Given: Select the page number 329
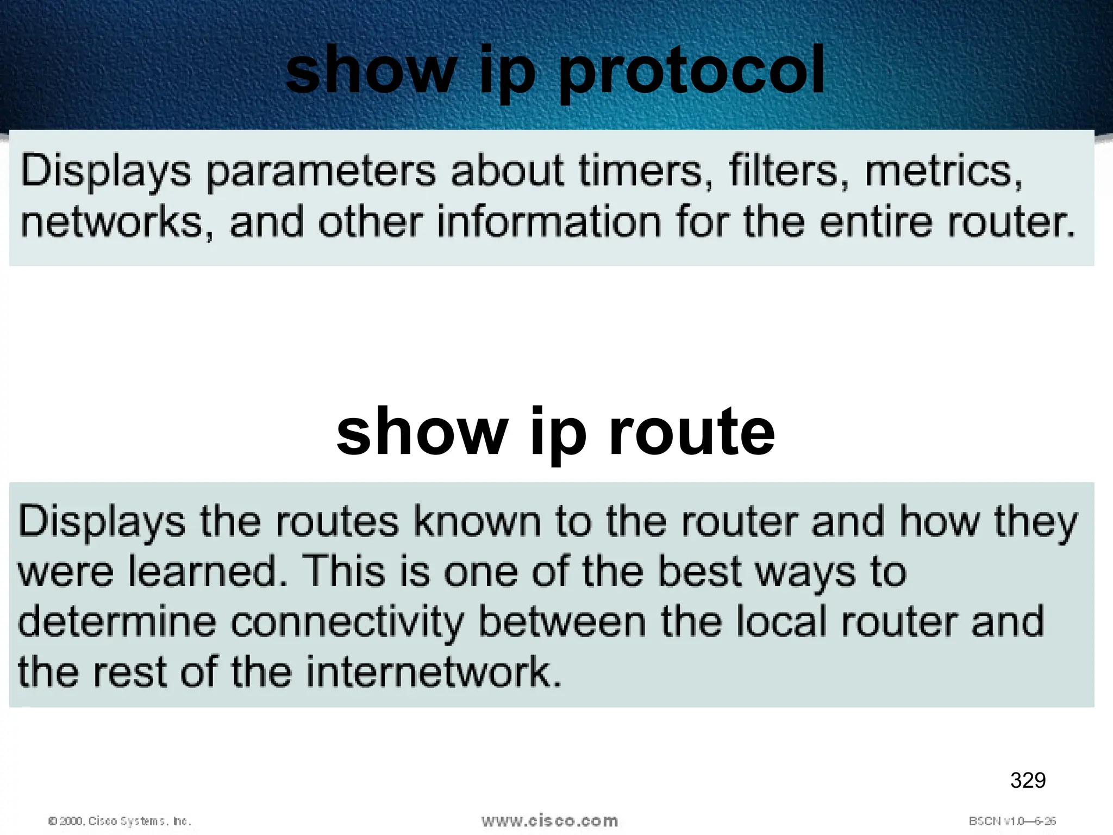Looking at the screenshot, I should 1028,780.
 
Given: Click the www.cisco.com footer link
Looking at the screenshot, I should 549,821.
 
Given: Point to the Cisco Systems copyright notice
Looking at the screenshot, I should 120,821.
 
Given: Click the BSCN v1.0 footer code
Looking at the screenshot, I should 1012,821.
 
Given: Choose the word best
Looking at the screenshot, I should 699,572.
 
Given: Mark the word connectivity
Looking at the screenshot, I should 347,622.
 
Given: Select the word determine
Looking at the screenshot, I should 117,622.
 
